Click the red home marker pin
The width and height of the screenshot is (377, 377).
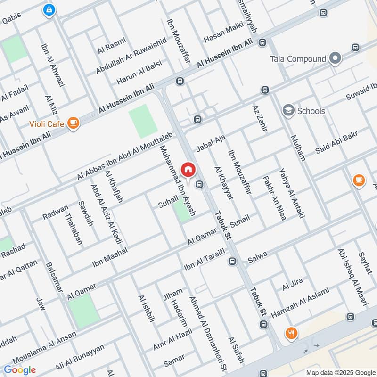click(188, 170)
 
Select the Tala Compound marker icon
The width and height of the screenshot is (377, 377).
click(335, 59)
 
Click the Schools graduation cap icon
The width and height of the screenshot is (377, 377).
click(287, 111)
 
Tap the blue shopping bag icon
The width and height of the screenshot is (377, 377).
click(49, 10)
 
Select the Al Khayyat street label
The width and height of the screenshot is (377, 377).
click(223, 183)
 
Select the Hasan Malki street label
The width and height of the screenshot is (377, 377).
click(221, 33)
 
